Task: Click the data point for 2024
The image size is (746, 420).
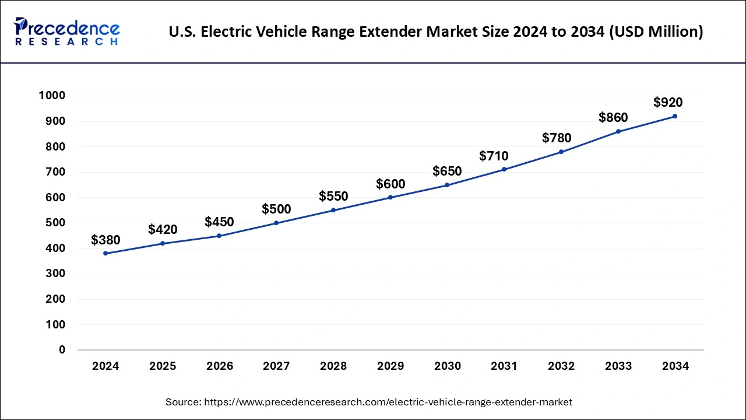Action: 105,253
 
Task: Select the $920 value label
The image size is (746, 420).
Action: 668,103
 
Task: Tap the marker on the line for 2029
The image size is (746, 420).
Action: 390,197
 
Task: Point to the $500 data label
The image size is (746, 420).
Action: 276,209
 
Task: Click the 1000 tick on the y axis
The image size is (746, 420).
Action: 52,96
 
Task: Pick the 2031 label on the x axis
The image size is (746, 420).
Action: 504,366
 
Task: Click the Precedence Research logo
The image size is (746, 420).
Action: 67,31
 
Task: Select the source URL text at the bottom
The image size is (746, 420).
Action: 368,402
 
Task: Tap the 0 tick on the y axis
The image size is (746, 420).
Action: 61,350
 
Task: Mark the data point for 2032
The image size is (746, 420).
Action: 561,152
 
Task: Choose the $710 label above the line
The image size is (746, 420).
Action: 494,156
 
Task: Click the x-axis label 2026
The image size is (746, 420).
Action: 219,366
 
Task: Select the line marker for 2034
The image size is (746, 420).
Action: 675,116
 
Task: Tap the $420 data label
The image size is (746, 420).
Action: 163,229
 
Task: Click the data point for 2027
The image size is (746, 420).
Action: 276,223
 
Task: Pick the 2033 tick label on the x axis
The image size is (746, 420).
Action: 618,366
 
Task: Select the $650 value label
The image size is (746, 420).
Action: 447,171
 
